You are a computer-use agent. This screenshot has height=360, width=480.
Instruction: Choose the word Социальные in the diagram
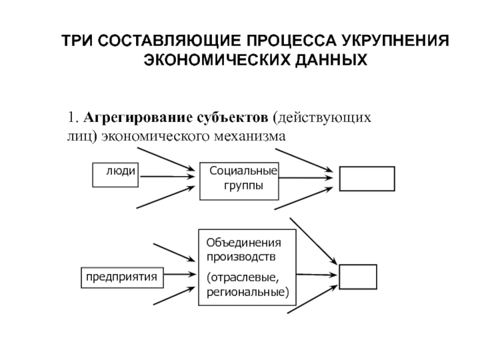coord(243,172)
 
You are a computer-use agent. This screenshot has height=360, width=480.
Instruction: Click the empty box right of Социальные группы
coord(367,178)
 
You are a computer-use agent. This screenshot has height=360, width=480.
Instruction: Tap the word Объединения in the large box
coord(243,244)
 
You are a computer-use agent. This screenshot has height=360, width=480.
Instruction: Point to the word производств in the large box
coord(242,257)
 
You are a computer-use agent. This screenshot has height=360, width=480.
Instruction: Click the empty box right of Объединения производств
coord(358,277)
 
